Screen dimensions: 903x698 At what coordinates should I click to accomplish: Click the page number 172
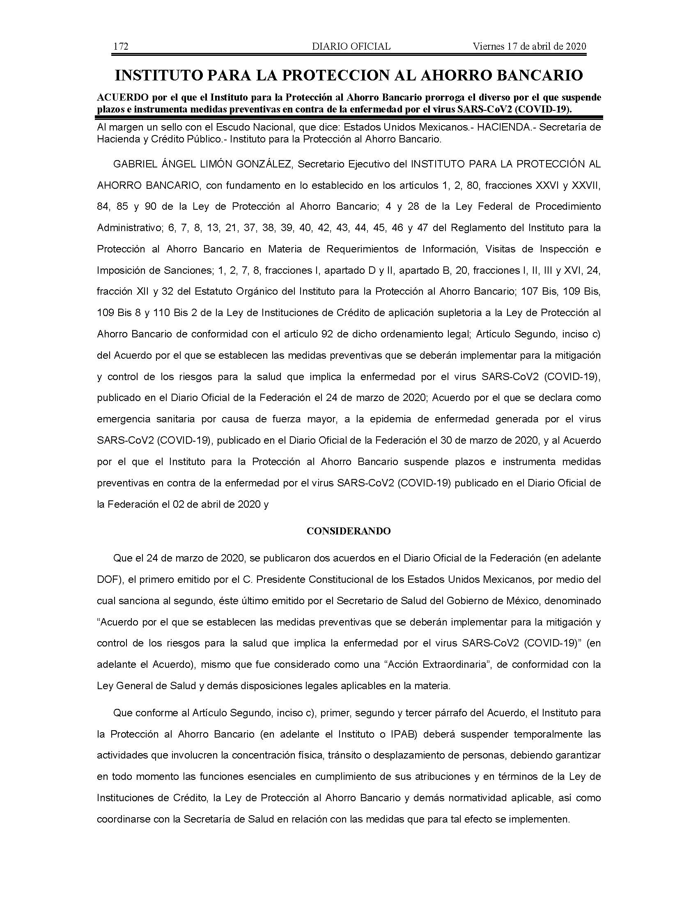coord(121,46)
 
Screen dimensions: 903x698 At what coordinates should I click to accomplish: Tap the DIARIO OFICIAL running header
coord(351,46)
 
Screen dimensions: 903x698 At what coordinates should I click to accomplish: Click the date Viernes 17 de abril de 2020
coord(529,46)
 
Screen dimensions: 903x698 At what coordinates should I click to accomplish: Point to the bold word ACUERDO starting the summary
coord(116,98)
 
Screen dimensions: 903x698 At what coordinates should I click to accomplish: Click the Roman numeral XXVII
coord(585,186)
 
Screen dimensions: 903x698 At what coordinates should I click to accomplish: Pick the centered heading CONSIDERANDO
coord(349,531)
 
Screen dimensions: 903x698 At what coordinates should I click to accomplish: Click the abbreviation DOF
coord(108,579)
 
